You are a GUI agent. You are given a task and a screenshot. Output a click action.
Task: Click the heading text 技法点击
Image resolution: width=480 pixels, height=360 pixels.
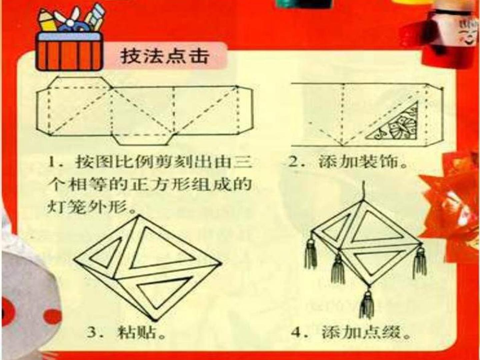(164, 57)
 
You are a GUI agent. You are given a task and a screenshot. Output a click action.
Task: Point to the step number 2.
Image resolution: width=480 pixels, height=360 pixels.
(296, 163)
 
